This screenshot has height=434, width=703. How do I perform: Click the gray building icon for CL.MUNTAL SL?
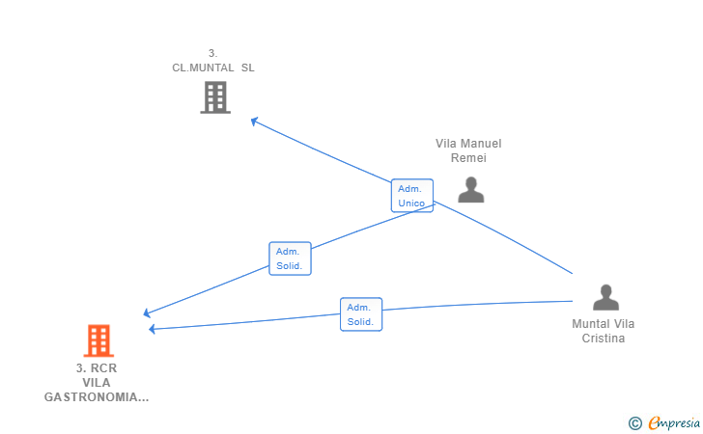215,97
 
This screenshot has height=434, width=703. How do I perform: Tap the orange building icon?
98,340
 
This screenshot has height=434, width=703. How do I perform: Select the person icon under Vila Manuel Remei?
471,190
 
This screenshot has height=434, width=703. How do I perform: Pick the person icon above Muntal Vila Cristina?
605,297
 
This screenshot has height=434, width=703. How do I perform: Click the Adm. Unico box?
412,196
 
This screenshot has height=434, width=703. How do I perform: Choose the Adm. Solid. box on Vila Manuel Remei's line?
290,258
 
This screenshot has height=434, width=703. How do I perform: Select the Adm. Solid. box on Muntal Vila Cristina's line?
361,314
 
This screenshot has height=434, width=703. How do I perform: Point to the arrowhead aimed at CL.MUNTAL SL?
254,121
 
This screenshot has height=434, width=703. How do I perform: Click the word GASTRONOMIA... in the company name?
97,397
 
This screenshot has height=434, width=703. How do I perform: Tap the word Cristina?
603,339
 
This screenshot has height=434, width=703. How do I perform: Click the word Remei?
468,158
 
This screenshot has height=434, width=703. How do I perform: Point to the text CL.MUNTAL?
203,68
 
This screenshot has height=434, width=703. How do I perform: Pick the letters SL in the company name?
248,68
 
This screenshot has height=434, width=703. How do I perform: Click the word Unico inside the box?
411,203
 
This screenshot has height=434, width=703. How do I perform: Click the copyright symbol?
634,423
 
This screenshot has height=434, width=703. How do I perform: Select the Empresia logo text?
674,422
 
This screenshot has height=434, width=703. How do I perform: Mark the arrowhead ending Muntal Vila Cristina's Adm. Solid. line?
152,329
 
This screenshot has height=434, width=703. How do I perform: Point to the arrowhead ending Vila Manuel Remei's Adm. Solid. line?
147,313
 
